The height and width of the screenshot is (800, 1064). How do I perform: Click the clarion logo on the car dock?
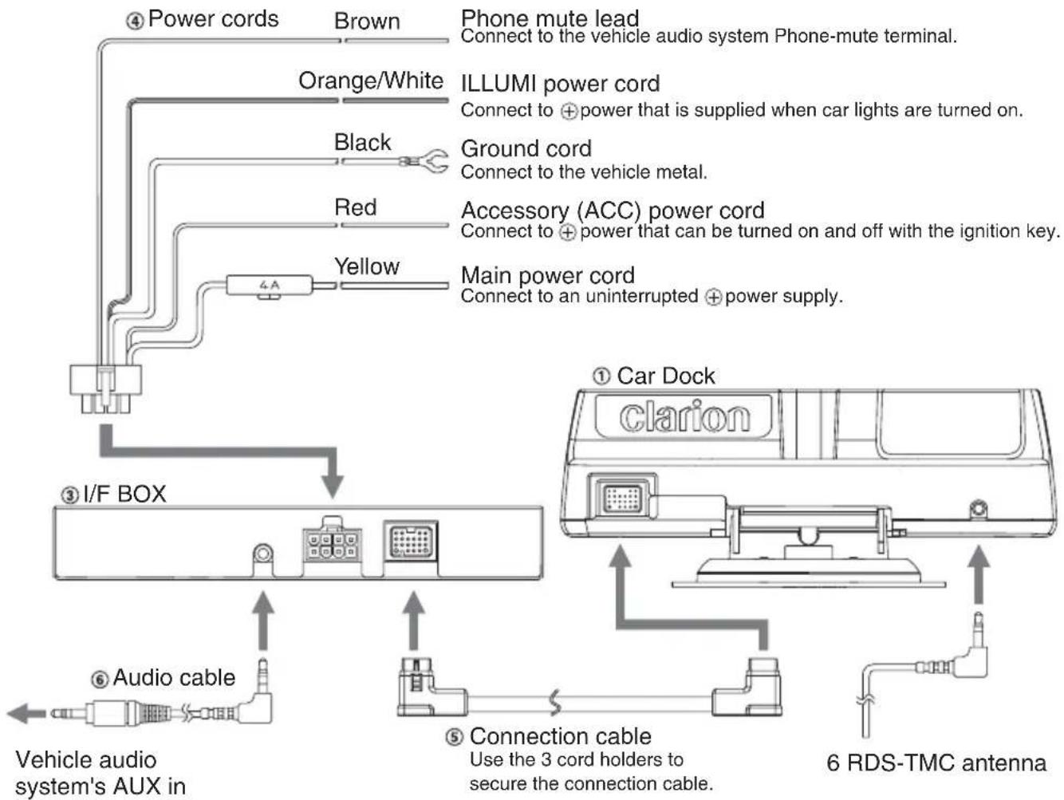(684, 416)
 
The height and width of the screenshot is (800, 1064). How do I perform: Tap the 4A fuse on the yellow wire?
(269, 286)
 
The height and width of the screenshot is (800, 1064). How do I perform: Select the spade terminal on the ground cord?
(428, 161)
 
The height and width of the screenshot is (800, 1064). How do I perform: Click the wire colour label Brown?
(367, 22)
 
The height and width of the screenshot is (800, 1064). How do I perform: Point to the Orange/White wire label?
(371, 81)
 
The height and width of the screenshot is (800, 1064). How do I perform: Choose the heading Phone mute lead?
(550, 18)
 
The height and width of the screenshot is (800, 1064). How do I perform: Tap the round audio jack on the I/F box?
(263, 554)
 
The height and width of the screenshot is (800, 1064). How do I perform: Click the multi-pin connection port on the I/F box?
(411, 541)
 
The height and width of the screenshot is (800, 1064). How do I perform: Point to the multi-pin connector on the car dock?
(622, 498)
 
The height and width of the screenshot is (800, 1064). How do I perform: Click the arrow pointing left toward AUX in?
(26, 713)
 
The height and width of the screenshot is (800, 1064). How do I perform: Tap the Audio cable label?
(174, 677)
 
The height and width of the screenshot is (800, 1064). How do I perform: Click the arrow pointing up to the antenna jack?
(979, 575)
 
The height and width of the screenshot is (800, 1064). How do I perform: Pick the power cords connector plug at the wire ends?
(105, 389)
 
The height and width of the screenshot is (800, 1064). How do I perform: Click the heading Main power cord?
(548, 275)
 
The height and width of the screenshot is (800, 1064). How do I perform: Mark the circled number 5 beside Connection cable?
(454, 738)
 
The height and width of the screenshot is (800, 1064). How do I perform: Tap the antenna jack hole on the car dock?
(978, 510)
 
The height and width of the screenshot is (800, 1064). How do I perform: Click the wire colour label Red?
(355, 207)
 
